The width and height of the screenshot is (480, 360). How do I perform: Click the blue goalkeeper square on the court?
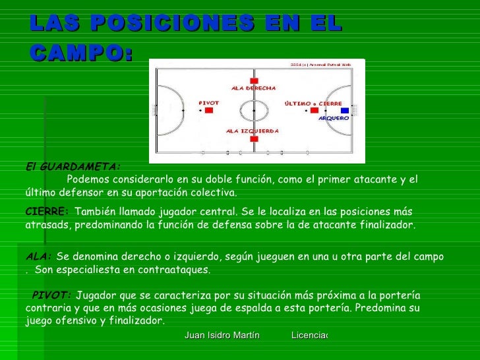(x=344, y=111)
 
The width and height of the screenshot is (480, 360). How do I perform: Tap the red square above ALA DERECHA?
(x=254, y=80)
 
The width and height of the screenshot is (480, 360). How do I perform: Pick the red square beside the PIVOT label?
(x=208, y=111)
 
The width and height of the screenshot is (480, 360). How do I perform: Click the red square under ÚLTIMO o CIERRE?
(x=315, y=111)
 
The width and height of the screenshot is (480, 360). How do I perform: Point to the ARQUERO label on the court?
(x=333, y=118)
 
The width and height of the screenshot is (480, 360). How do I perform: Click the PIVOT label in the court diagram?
(x=208, y=103)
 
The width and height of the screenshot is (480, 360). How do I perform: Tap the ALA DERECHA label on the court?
(x=253, y=88)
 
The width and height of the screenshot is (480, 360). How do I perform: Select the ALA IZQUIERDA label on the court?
(x=252, y=131)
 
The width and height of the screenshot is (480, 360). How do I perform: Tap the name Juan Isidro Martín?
(x=222, y=336)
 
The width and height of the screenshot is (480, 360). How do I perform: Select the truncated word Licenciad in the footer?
(x=309, y=336)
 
